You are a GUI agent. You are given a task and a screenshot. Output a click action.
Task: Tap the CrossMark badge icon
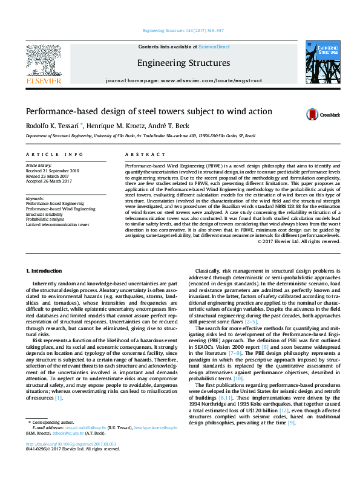click(x=321, y=114)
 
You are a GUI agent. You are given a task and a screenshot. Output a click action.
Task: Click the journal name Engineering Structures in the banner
click(x=183, y=63)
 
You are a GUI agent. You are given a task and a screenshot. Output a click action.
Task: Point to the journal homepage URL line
click(x=183, y=80)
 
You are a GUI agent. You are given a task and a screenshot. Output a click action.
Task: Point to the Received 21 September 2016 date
click(x=52, y=170)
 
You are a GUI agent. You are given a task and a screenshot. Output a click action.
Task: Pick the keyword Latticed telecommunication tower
click(x=57, y=224)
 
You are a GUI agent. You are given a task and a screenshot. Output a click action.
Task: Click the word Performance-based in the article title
click(x=61, y=111)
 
